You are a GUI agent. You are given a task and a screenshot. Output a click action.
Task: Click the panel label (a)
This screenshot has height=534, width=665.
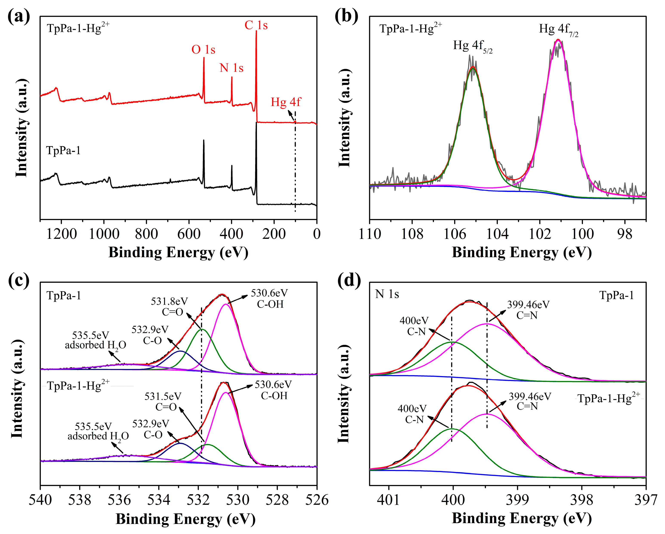click(18, 16)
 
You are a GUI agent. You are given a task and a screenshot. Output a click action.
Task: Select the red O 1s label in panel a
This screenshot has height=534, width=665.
click(203, 49)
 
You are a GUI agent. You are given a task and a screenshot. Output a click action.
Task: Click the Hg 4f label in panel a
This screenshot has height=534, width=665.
click(286, 102)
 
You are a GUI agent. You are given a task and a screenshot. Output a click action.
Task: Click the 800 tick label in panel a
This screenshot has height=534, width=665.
click(146, 234)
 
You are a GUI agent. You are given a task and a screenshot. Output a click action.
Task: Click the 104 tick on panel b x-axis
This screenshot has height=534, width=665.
click(497, 234)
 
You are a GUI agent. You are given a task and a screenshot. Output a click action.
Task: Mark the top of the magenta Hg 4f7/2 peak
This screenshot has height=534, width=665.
click(558, 40)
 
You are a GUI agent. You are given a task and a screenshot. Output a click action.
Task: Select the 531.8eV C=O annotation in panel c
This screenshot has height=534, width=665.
click(169, 306)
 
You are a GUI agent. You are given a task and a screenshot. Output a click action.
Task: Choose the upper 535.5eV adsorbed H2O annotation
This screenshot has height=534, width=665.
click(95, 340)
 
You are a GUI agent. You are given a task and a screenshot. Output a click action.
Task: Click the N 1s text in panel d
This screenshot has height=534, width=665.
click(387, 294)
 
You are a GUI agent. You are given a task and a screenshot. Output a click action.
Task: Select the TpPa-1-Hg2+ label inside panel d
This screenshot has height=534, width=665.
click(608, 398)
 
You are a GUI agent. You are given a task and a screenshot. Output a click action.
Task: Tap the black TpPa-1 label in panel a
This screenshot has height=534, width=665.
click(63, 151)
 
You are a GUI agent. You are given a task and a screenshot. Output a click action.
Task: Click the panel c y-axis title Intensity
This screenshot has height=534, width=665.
click(18, 390)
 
